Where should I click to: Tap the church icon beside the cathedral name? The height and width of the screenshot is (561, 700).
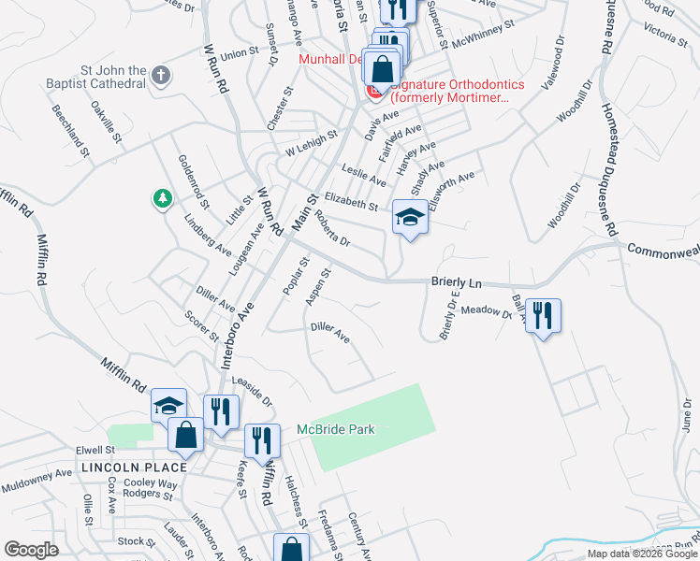click(x=161, y=75)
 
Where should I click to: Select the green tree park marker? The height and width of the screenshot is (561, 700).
click(x=163, y=198)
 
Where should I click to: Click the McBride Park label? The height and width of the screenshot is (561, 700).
click(x=336, y=429)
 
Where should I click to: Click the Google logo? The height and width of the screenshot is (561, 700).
click(x=32, y=550)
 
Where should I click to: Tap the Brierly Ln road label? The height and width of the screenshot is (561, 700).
click(x=456, y=281)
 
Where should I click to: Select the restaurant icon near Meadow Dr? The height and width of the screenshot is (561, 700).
click(x=542, y=315)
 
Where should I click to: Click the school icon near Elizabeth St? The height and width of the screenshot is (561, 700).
click(x=409, y=218)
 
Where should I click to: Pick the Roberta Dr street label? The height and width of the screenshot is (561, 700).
click(x=332, y=228)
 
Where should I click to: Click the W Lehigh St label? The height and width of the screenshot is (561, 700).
click(x=311, y=143)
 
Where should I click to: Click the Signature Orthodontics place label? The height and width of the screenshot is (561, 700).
click(x=458, y=91)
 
